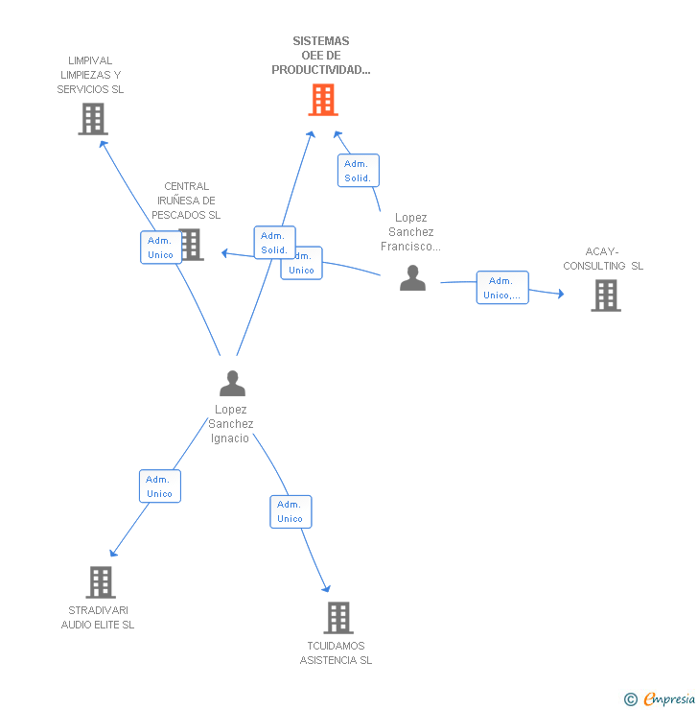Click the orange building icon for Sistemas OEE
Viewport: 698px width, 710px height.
323,99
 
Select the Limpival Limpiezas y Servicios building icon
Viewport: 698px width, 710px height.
92,119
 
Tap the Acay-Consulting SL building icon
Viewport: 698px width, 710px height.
605,296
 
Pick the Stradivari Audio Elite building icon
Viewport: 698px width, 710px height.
100,581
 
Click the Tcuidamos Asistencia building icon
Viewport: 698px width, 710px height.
337,617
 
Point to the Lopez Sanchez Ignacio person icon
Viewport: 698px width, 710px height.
232,384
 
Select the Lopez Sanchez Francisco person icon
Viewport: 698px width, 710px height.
412,278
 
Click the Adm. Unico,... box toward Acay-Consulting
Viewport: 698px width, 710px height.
502,288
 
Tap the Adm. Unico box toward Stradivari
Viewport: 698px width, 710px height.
159,486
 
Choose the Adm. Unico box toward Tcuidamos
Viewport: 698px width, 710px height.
291,511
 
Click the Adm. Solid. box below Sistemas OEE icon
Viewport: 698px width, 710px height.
358,171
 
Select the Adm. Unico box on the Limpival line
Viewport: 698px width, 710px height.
160,248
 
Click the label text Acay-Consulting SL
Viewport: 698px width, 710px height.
603,259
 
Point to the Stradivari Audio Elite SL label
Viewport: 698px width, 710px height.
98,617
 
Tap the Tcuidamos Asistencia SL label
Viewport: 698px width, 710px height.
336,652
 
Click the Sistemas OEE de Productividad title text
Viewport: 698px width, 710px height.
321,56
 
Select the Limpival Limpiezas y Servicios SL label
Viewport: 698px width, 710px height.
91,75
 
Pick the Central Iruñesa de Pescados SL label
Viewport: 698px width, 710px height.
186,201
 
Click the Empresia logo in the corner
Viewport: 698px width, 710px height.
669,699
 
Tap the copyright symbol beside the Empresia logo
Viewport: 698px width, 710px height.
631,700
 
